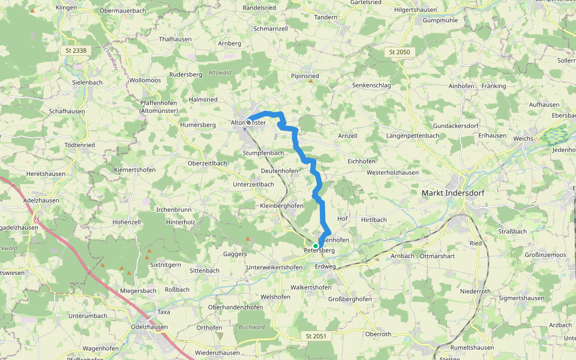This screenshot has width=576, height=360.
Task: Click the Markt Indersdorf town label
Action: pyautogui.click(x=453, y=193)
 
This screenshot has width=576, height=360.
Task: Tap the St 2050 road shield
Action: pyautogui.click(x=399, y=52)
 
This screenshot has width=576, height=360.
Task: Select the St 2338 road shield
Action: pyautogui.click(x=76, y=51)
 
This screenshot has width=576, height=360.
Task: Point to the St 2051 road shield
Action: pyautogui.click(x=315, y=336)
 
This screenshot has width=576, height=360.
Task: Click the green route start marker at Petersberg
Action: pyautogui.click(x=316, y=245)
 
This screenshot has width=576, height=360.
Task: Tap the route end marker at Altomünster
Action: pyautogui.click(x=248, y=122)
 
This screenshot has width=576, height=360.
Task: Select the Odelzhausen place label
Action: pyautogui.click(x=149, y=327)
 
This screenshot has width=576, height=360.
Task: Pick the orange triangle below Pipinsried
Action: pyautogui.click(x=310, y=80)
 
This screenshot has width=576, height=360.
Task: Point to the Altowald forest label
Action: pyautogui.click(x=219, y=72)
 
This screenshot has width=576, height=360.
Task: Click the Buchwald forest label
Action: pyautogui.click(x=251, y=327)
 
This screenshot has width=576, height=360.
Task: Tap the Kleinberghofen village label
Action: pyautogui.click(x=281, y=205)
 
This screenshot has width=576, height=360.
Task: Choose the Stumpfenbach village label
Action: pyautogui.click(x=263, y=153)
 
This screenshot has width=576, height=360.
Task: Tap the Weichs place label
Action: pyautogui.click(x=524, y=139)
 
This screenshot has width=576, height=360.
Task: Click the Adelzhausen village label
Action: pyautogui.click(x=41, y=200)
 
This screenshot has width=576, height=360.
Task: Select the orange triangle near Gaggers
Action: pyautogui.click(x=246, y=238)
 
